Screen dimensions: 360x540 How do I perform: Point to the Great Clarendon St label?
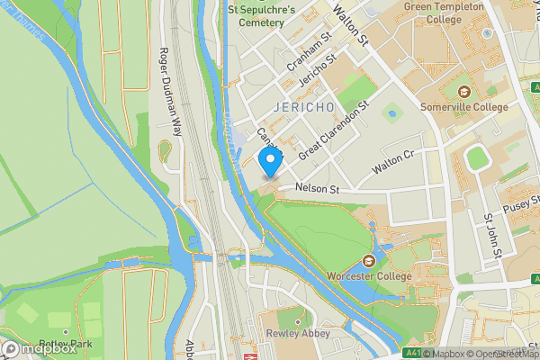click(334, 131)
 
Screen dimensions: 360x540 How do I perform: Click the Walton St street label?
click(351, 23)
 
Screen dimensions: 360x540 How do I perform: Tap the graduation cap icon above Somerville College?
click(464, 92)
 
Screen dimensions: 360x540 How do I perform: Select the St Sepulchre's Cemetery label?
click(262, 16)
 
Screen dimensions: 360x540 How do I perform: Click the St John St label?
click(491, 236)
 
